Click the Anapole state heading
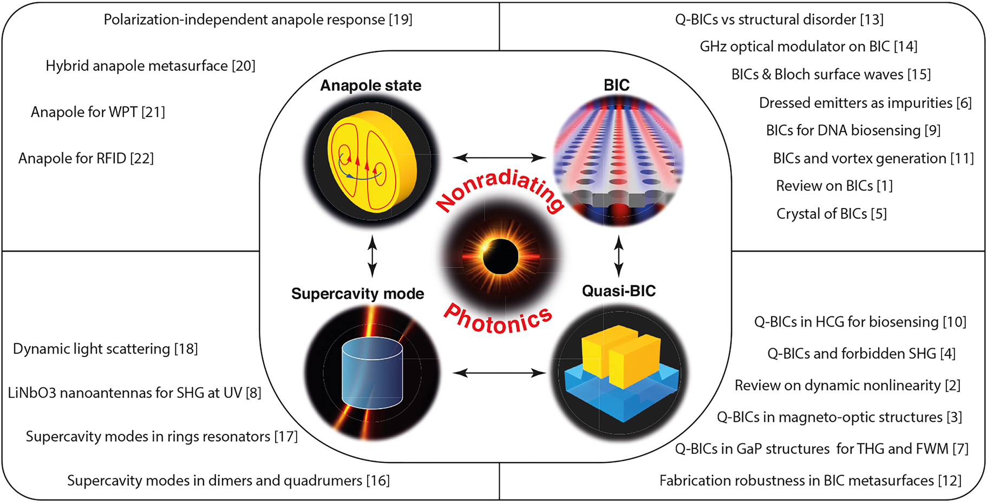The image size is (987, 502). pos(370,86)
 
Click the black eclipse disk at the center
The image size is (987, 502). pos(500,257)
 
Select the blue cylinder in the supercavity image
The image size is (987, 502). pos(372,374)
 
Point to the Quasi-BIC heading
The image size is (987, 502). pos(618,291)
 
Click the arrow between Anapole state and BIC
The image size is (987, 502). pos(499,158)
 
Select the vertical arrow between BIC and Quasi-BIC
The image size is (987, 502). pos(618,256)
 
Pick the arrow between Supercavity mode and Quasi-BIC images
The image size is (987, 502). pos(499,373)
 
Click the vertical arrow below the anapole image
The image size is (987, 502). pos(372,256)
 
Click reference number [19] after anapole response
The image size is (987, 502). pos(401,19)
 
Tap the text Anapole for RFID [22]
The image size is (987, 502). pos(86,158)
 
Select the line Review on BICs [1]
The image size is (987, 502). pos(834,186)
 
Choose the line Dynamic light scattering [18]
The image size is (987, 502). pos(106,349)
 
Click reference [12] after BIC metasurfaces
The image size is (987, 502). pos(950,480)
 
